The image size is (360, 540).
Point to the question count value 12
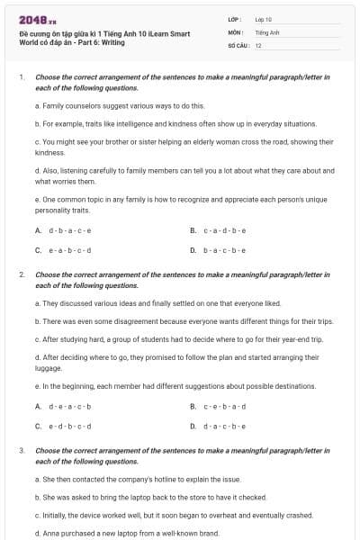(258, 45)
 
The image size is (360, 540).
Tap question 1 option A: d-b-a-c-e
(64, 230)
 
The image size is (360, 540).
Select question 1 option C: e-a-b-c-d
(64, 249)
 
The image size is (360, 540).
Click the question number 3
(21, 447)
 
